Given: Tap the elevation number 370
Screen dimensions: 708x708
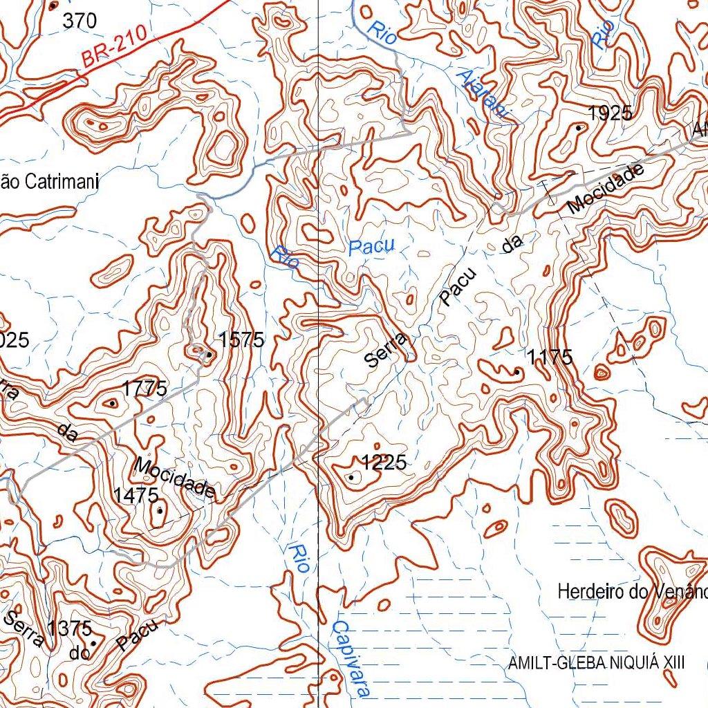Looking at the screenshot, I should coord(80,21).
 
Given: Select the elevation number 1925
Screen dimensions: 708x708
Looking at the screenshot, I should coord(610,113).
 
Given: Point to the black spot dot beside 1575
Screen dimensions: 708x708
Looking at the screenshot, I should coord(209,355).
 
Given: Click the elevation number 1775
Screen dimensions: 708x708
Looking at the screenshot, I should coord(145,389).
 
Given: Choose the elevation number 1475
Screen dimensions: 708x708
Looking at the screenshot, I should coord(136,495).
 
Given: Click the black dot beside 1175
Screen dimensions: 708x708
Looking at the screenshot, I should coord(517,372).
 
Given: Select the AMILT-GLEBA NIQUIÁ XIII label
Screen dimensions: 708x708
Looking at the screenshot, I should coord(596,663).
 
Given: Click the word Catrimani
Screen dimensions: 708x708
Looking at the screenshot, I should coord(62,183).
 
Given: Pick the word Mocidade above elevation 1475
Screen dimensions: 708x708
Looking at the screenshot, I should coord(175,478).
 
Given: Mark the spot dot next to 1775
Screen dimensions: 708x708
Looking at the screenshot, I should coord(112,402).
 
